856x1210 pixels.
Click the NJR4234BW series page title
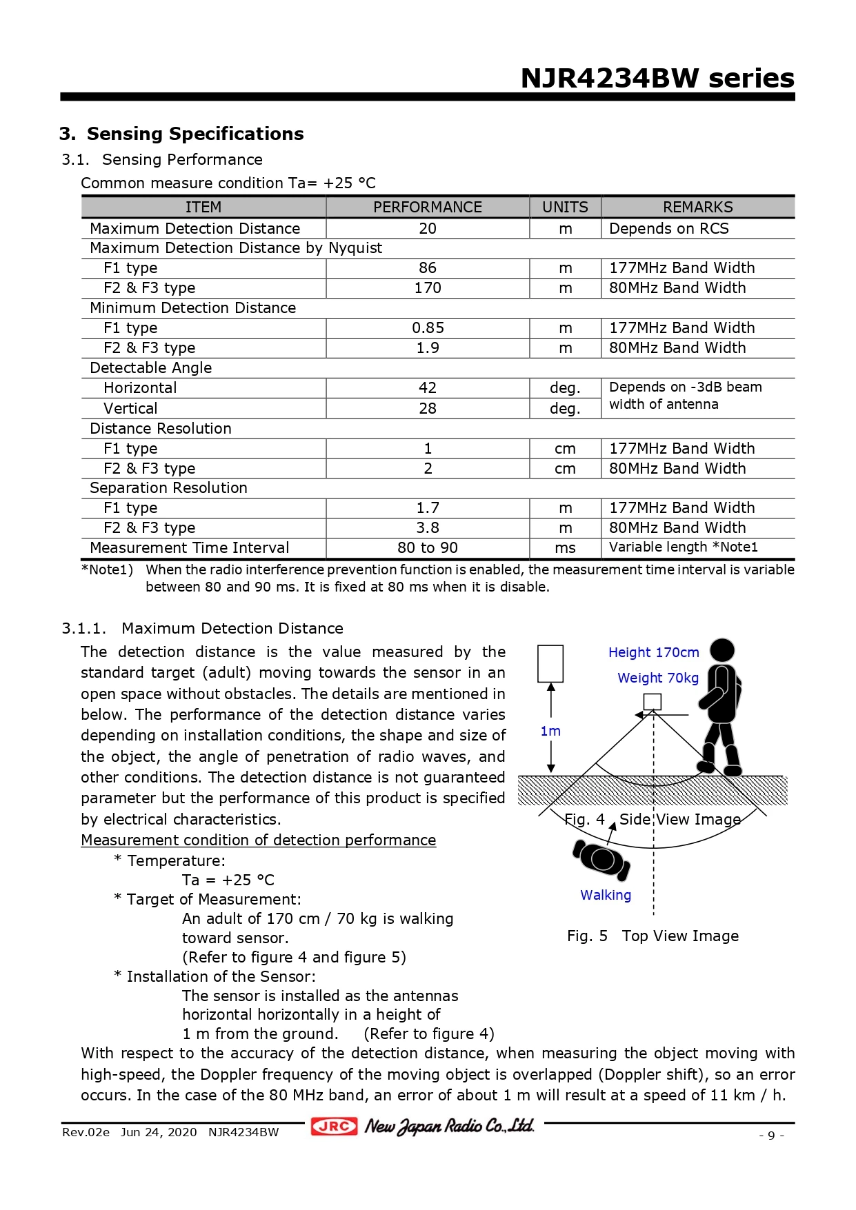tap(657, 78)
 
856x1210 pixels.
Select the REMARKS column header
tap(697, 207)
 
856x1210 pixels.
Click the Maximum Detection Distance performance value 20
tap(428, 228)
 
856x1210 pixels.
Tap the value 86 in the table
tap(428, 268)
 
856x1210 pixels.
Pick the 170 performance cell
tap(428, 288)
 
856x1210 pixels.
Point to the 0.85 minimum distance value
tap(428, 327)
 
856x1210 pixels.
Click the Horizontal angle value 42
tap(428, 387)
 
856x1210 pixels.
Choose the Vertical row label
tap(130, 408)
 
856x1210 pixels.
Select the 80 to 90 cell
tap(428, 547)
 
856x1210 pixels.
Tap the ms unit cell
tap(565, 547)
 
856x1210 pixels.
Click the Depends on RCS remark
tap(668, 228)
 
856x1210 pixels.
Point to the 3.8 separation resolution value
tap(428, 527)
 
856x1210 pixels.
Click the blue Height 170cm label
tap(653, 652)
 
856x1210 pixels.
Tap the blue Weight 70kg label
tap(658, 678)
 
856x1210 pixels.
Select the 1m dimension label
tap(550, 731)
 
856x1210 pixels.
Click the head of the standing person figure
tap(722, 650)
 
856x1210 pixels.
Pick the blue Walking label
tap(606, 895)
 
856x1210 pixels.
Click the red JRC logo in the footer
tap(335, 1126)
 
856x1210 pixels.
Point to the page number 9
tap(771, 1135)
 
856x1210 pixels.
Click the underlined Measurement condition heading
tap(258, 840)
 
